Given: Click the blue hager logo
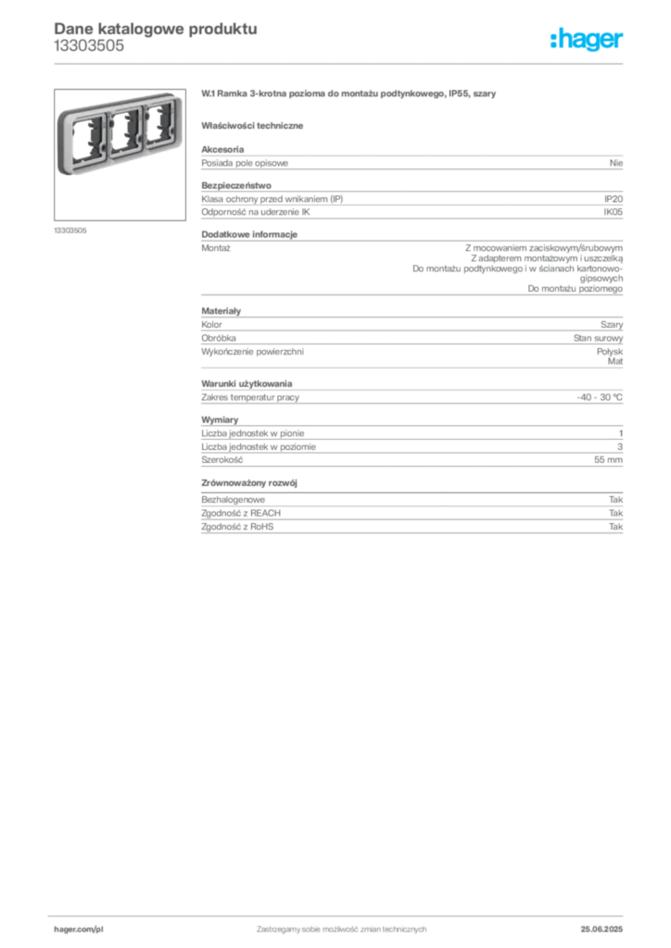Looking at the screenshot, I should (x=588, y=40).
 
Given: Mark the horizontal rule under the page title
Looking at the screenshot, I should (x=341, y=62).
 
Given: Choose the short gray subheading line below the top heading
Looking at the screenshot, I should (x=255, y=124).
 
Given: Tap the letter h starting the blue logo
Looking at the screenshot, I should (x=552, y=40).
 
